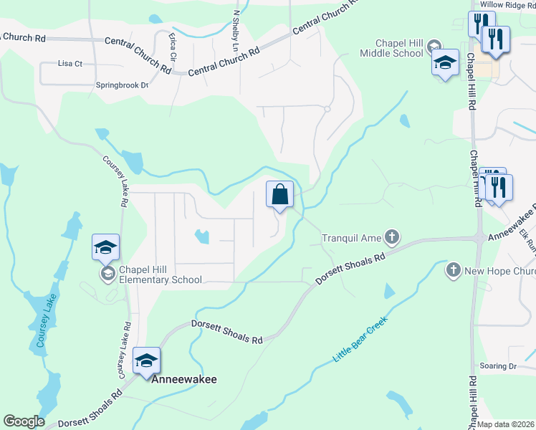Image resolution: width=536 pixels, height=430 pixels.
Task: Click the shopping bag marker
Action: click(x=279, y=194)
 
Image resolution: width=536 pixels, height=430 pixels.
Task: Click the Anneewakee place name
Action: click(x=184, y=379)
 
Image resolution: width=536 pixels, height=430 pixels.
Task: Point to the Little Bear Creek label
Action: click(x=360, y=338)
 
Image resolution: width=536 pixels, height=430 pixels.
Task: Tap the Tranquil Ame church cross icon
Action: click(x=391, y=236)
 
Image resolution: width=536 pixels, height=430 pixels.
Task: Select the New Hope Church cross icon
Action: click(x=453, y=270)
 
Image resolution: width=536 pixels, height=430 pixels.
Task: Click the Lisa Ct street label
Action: click(x=70, y=64)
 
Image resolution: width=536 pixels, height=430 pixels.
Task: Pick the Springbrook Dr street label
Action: click(x=122, y=85)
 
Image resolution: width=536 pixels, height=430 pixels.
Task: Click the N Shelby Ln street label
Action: click(x=235, y=28)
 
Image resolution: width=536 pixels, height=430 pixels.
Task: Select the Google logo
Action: click(x=24, y=421)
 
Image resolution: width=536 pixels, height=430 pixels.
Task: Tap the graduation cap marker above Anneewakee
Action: click(x=146, y=361)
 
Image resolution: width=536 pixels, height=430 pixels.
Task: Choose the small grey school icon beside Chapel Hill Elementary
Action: click(x=108, y=273)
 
